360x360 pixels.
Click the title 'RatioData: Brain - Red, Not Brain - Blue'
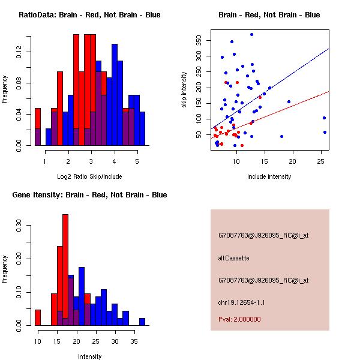click(89, 15)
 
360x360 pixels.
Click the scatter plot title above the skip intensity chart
click(269, 15)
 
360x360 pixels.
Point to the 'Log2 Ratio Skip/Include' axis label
click(89, 176)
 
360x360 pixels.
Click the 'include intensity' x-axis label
click(269, 176)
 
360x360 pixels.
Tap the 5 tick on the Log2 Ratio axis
click(137, 162)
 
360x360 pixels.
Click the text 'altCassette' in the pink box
click(233, 258)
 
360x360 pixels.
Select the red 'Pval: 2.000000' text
click(239, 319)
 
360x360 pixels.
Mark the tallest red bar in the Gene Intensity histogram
click(65, 270)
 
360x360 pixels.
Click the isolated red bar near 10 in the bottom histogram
click(37, 317)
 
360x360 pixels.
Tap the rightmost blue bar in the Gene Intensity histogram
click(142, 322)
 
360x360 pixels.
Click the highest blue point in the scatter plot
click(252, 35)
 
